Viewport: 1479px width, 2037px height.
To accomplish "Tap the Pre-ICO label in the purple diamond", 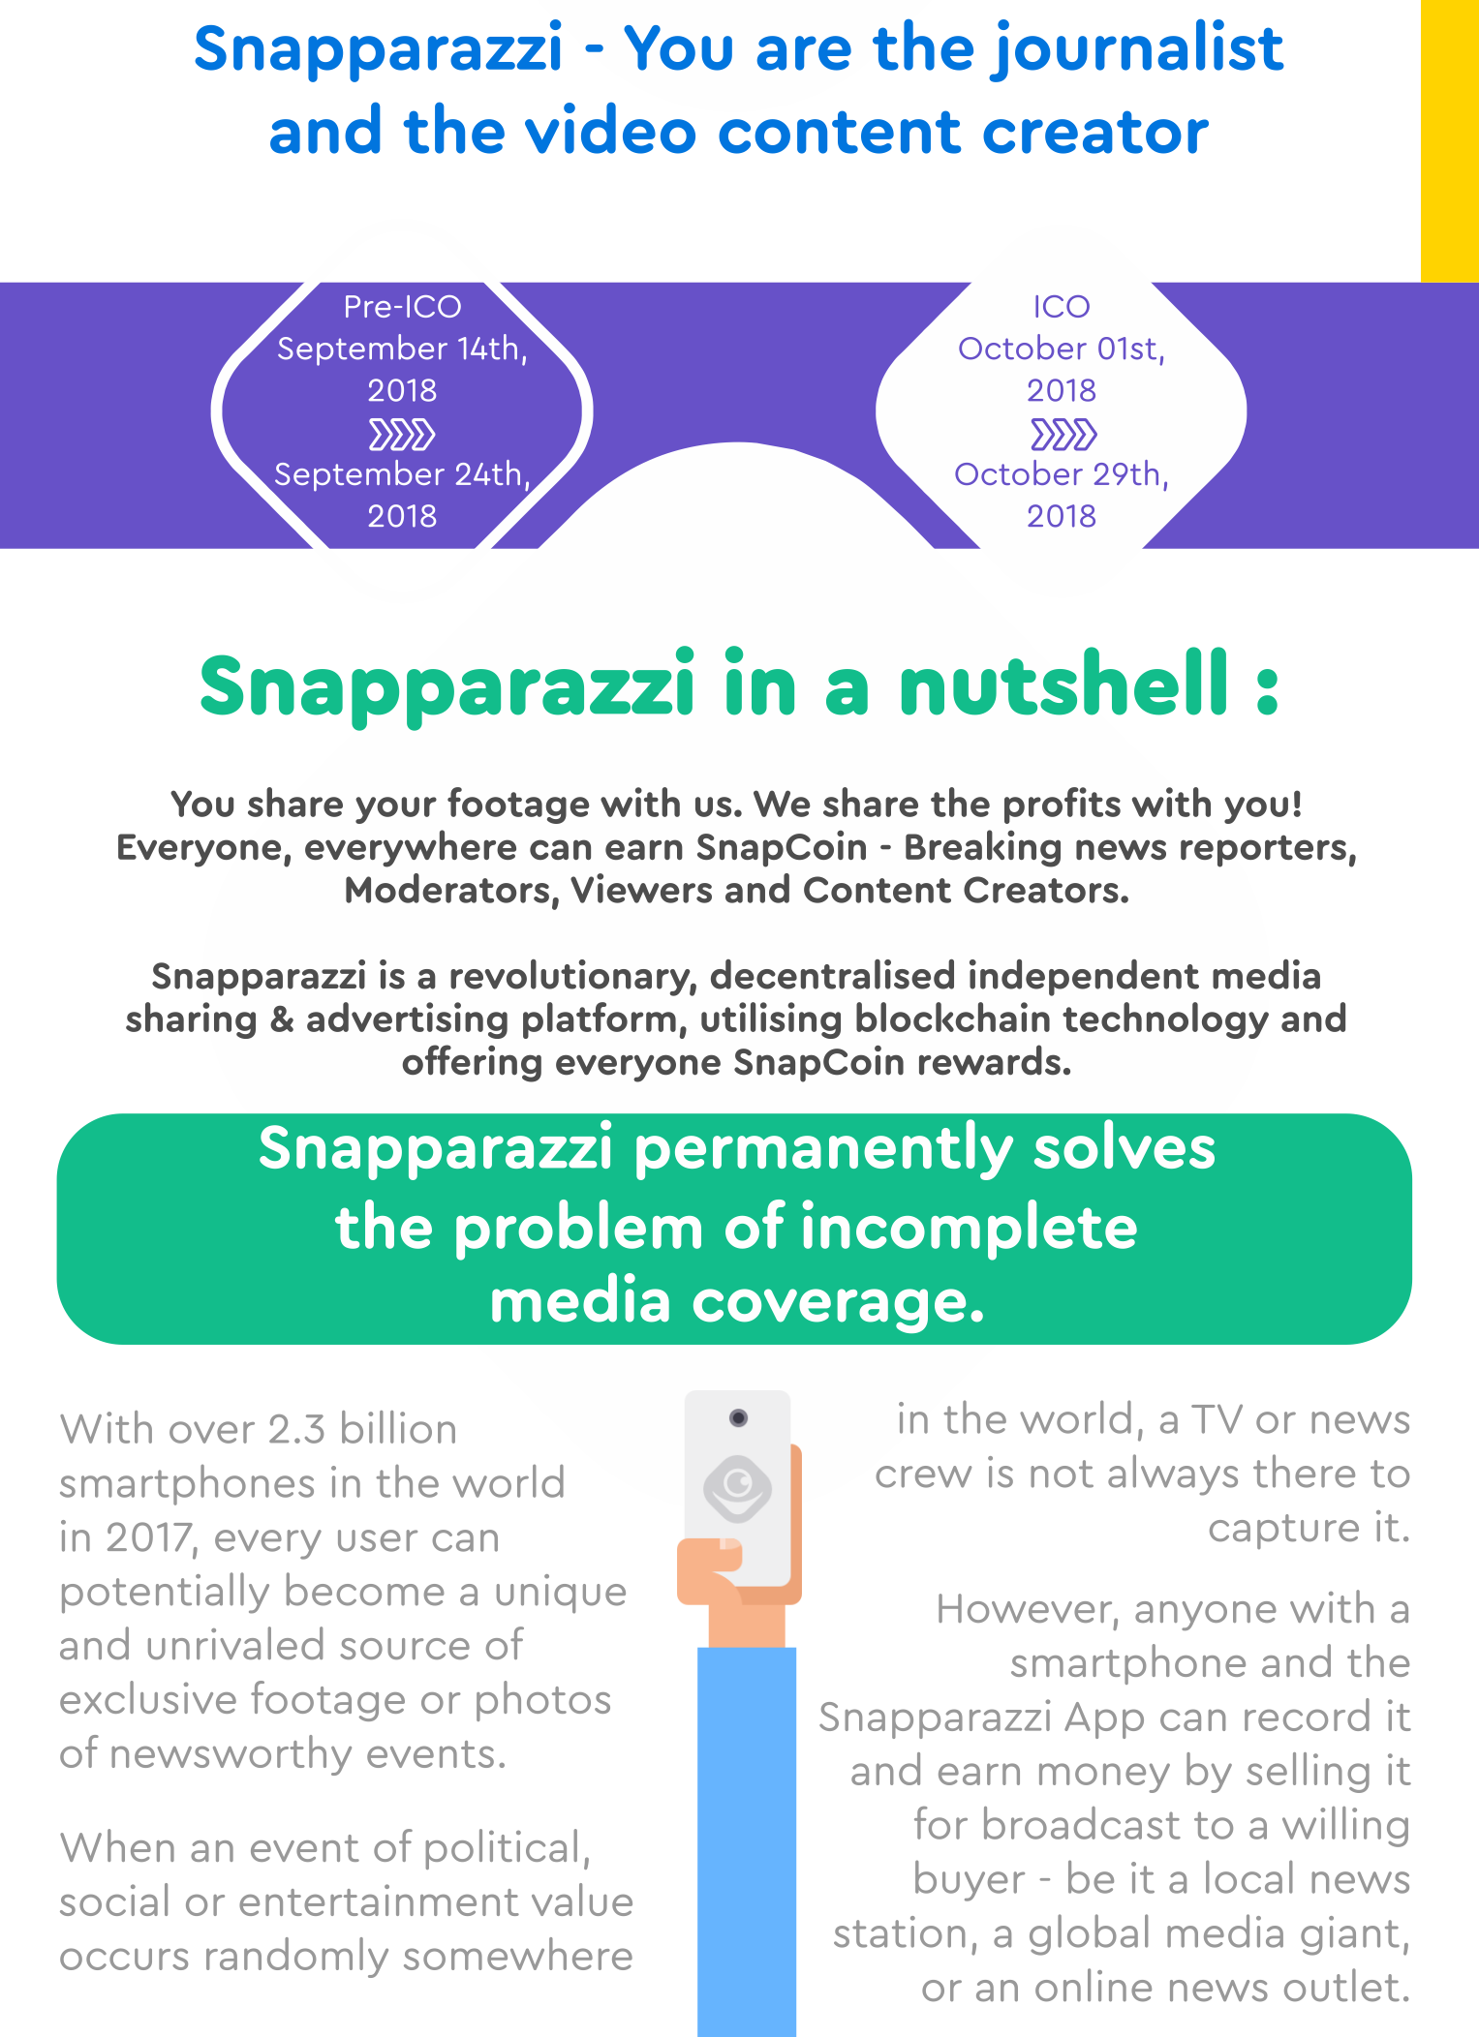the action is point(402,307).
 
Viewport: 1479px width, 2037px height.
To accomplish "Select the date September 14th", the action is point(402,349).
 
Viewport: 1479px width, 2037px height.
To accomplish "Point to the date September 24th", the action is point(402,474).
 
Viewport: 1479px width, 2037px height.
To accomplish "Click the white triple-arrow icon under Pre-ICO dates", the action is point(402,435).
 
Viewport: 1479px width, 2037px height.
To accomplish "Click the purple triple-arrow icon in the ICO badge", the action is point(1063,435).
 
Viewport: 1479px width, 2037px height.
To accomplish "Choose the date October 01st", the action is point(1062,349).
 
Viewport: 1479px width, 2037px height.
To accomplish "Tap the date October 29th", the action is point(1062,474).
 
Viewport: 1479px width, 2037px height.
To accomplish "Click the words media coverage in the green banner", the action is point(737,1302).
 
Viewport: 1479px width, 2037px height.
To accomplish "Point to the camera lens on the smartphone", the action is point(738,1418).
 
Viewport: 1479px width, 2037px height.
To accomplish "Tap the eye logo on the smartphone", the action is point(738,1488).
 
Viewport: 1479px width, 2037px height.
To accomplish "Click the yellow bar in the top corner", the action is point(1450,140).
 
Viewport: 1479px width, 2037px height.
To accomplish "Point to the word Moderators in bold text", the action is point(452,891).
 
